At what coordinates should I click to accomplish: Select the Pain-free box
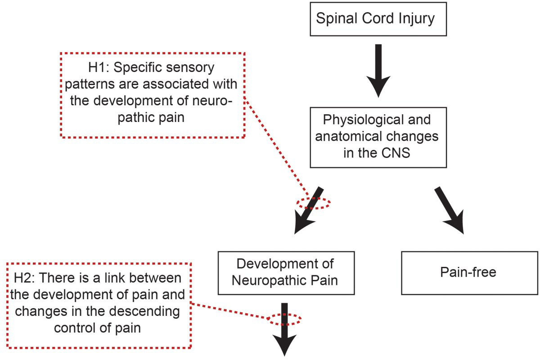coord(469,272)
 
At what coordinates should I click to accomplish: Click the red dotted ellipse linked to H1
coord(313,202)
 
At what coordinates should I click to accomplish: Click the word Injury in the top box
coord(418,19)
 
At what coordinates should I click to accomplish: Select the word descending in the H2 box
coord(149,312)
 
